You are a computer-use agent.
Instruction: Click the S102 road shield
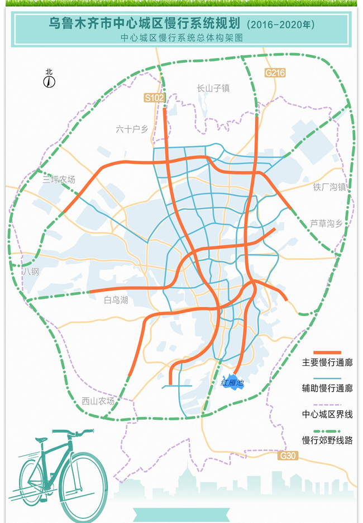tap(155, 98)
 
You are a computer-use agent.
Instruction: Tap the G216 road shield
tap(275, 72)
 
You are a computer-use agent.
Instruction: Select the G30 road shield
tap(289, 456)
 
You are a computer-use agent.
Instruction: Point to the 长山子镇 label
tap(213, 88)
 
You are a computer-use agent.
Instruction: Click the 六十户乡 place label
tap(132, 129)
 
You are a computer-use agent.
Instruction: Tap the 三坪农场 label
tap(59, 180)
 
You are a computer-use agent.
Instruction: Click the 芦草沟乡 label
tap(326, 223)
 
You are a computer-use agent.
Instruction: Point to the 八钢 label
tap(31, 272)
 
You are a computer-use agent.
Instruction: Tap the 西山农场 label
tap(98, 401)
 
